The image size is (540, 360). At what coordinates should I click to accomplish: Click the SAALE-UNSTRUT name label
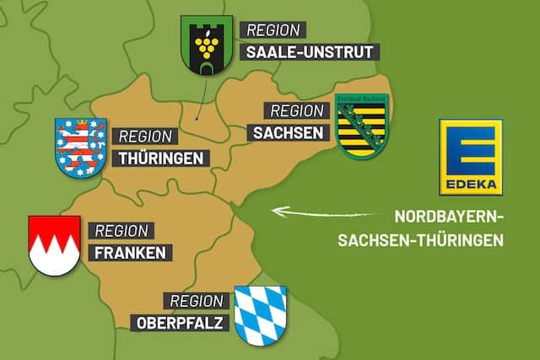coord(308,52)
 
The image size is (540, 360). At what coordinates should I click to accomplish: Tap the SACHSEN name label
coord(287,132)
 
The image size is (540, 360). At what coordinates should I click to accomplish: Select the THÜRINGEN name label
coord(161,158)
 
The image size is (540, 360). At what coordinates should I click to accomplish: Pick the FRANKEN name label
coord(131,251)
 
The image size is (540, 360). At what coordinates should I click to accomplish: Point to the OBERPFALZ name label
coord(181,322)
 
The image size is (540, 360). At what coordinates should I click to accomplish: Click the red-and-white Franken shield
coord(54,244)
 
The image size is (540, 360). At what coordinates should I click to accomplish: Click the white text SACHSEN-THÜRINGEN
coord(420,239)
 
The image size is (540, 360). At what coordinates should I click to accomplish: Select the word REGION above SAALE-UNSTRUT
coord(272,30)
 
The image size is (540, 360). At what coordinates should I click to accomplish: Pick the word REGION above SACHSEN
coord(295,111)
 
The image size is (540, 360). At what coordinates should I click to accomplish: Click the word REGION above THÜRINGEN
coord(145,137)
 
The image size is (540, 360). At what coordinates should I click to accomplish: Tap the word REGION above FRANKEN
coord(121,229)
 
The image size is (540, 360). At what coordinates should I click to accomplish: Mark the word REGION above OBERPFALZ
coord(197,301)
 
